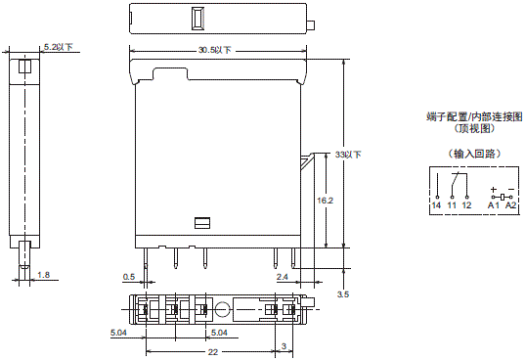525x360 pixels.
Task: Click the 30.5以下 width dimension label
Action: tap(215, 50)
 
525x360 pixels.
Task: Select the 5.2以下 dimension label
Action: tap(59, 46)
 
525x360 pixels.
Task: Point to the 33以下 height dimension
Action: tap(349, 155)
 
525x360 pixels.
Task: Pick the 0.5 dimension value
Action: tap(128, 277)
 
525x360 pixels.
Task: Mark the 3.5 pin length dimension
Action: tap(343, 293)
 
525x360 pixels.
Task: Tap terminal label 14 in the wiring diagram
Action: tap(435, 205)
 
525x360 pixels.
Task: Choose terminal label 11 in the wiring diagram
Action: tap(452, 205)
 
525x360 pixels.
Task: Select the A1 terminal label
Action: tap(493, 205)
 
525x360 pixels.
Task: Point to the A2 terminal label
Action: tap(510, 205)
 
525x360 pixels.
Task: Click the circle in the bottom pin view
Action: tap(224, 310)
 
